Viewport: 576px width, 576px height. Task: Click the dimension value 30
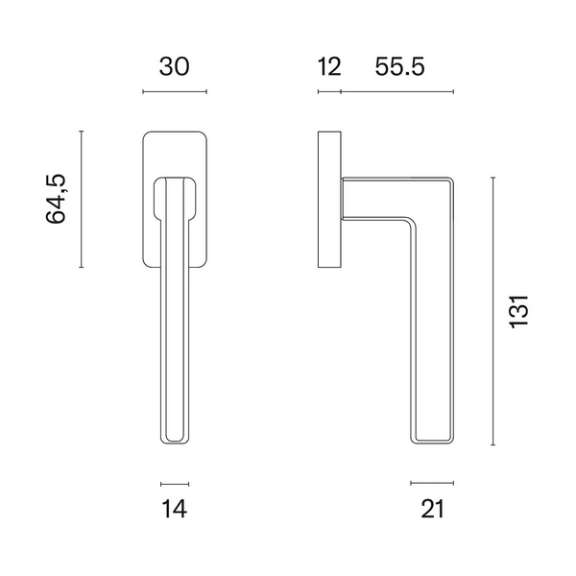click(174, 67)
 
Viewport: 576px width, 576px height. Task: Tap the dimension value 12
click(329, 67)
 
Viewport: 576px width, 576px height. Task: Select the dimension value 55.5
click(399, 67)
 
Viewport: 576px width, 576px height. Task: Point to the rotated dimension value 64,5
click(56, 199)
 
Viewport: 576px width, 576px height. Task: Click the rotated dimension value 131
click(519, 311)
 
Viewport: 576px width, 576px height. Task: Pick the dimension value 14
click(174, 509)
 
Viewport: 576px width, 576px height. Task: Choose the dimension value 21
click(432, 509)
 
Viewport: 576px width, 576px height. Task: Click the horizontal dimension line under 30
click(175, 91)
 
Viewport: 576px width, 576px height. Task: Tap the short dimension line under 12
click(329, 91)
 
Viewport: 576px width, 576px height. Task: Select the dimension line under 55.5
click(397, 91)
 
